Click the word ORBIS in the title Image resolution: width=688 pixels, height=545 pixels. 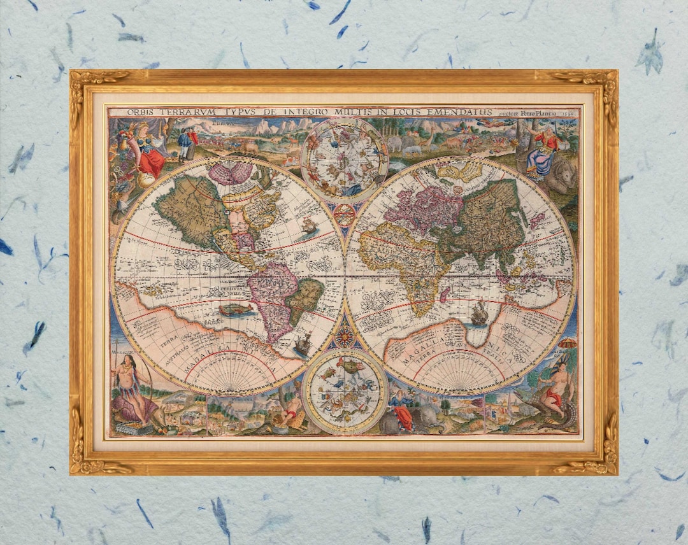point(141,112)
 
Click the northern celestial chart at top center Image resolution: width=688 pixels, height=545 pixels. point(344,159)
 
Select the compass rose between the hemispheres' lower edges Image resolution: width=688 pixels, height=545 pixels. point(345,335)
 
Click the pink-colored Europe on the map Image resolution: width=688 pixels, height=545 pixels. point(424,209)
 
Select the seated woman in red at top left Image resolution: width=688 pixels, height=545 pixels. point(147,153)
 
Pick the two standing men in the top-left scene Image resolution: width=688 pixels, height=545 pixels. point(186,143)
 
